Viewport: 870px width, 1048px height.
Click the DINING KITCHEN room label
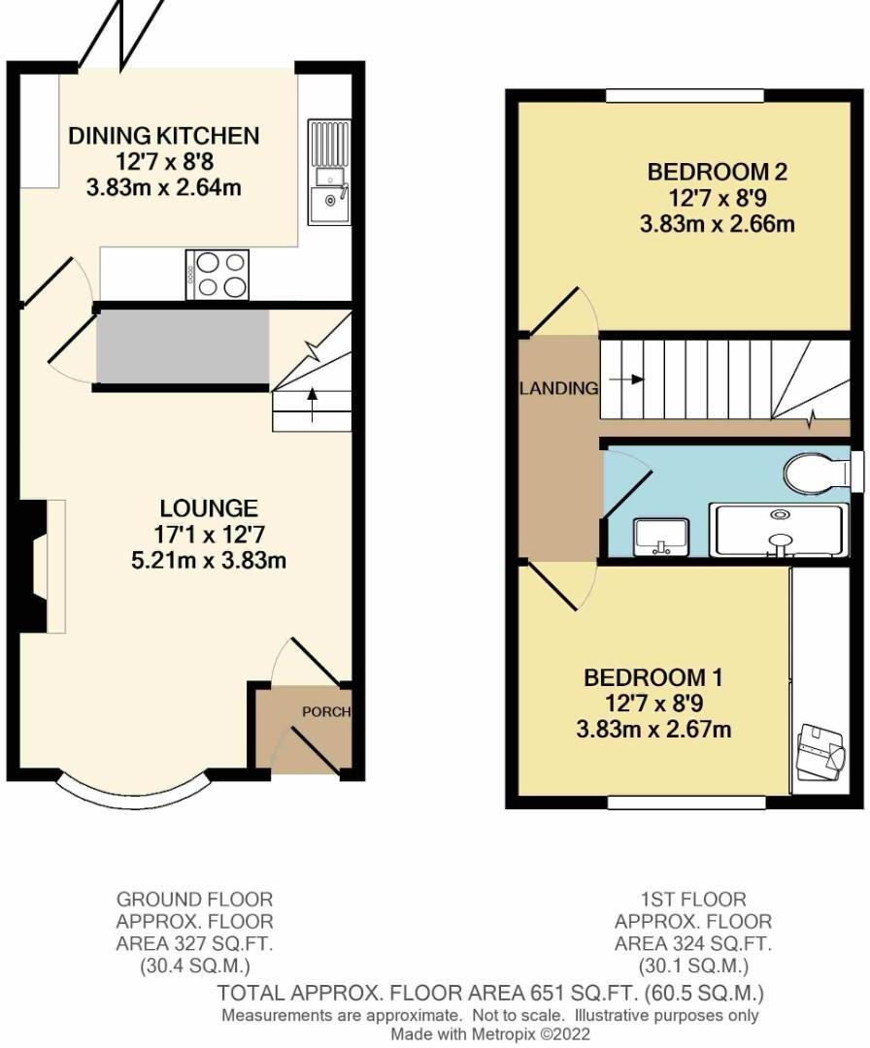163,136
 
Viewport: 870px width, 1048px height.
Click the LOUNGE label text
209,508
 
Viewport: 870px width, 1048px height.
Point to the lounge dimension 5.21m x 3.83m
209,560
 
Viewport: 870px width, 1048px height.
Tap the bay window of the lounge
133,789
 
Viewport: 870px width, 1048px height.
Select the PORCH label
325,711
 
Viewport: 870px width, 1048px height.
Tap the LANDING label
558,389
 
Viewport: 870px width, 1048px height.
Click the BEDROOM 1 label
652,676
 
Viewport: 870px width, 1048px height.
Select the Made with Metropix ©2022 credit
490,1034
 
